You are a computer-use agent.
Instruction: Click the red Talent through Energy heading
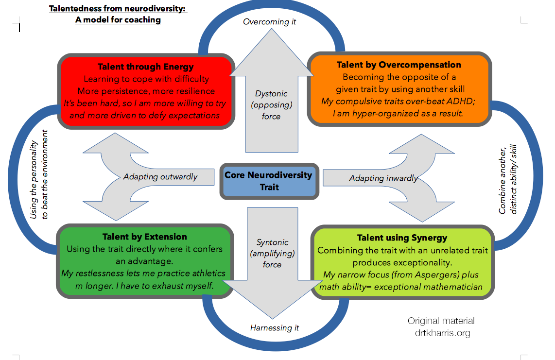point(145,67)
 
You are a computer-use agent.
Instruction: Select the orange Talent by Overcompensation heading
point(399,65)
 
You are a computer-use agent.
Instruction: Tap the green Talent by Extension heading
point(145,237)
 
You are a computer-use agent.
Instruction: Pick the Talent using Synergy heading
point(402,238)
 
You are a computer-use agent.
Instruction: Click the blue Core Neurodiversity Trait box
point(269,181)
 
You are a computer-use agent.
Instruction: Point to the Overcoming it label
point(269,22)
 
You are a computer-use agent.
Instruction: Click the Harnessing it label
point(274,328)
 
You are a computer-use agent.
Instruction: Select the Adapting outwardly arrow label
point(160,177)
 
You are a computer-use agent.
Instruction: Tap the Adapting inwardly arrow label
point(383,178)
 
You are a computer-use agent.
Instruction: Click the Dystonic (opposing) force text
point(272,105)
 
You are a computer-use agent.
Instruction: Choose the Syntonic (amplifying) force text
point(272,253)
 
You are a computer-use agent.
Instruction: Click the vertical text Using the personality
point(34,180)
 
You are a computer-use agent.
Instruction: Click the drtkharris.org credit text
point(443,333)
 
